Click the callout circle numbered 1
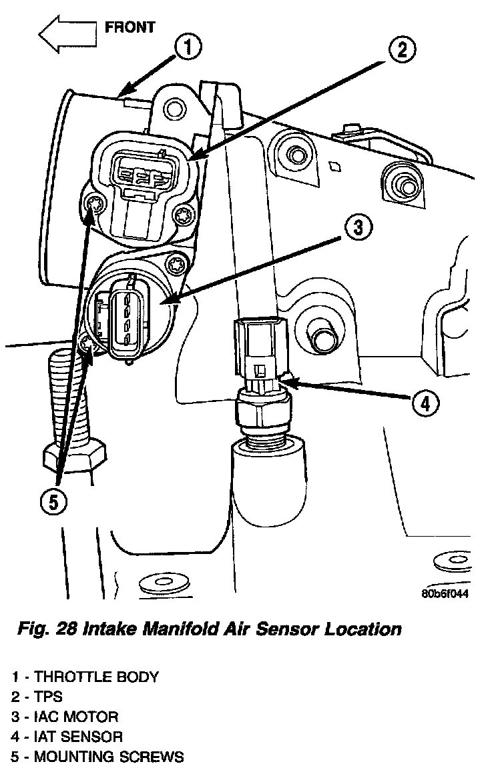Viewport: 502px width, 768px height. [x=189, y=47]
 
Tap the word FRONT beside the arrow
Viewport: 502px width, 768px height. [x=130, y=27]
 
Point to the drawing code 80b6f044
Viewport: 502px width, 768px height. [x=444, y=595]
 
